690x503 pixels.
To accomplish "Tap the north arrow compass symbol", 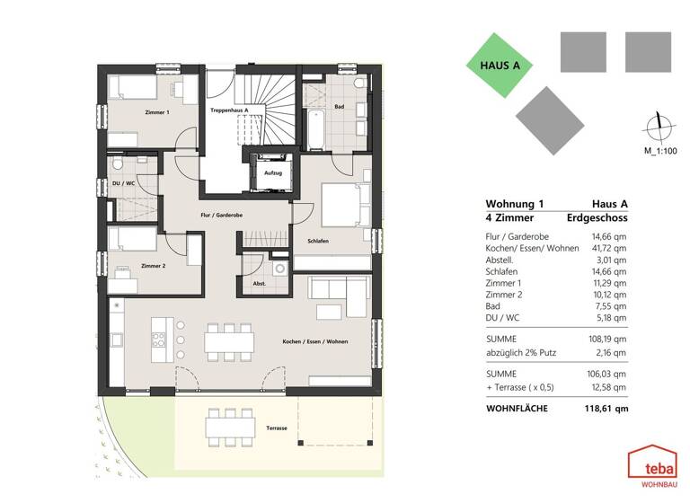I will (659, 129).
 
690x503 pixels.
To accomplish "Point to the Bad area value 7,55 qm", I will (612, 304).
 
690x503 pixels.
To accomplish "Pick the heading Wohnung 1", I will (514, 204).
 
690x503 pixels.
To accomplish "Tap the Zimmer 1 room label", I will (156, 111).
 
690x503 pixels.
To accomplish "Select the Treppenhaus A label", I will (229, 110).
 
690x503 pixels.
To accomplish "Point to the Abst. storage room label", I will (259, 284).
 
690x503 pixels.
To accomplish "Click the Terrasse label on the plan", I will (276, 428).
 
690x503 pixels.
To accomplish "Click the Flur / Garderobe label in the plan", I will (222, 216).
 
